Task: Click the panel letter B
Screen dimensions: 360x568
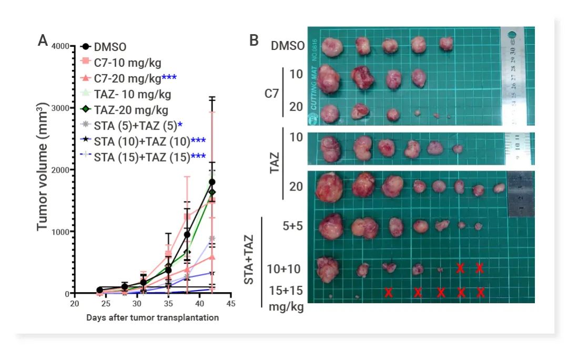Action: coord(253,40)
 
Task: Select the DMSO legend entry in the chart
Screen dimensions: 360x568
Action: coord(110,47)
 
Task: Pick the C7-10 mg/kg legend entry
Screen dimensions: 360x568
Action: coord(121,63)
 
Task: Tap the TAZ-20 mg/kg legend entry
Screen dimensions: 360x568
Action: coord(131,110)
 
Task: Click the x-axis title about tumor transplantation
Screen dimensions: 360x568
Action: coord(152,318)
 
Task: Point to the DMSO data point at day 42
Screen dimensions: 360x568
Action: coord(212,182)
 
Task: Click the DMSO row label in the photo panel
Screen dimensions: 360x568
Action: coord(288,46)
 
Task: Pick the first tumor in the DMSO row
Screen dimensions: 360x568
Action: coord(333,46)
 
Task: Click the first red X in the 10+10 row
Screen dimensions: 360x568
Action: coord(460,268)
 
